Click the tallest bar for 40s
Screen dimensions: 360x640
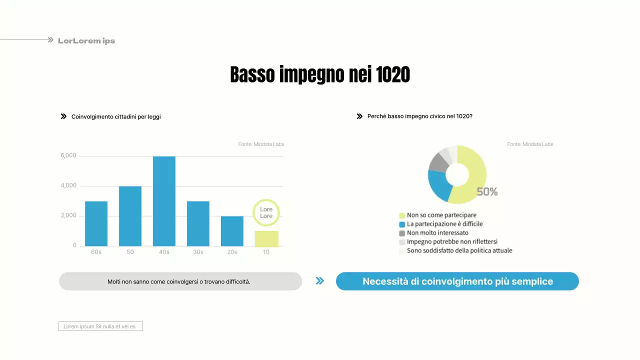pos(164,201)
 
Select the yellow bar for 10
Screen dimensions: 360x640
pos(266,238)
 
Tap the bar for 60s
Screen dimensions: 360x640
pos(96,223)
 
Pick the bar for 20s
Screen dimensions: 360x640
pos(232,231)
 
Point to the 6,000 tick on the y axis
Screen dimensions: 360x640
pos(68,155)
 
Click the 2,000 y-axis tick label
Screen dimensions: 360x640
pos(68,215)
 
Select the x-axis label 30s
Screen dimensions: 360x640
pos(198,252)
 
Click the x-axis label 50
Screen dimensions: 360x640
pos(130,252)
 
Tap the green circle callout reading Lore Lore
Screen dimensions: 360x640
pos(266,212)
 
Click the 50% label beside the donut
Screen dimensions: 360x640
pos(487,191)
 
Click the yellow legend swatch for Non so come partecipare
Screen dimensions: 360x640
pos(402,215)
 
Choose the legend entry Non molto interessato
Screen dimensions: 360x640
pos(437,233)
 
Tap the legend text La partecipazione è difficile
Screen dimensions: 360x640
pos(444,224)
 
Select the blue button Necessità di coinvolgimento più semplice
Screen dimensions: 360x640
pos(457,281)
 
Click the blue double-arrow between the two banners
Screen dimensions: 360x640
pos(320,281)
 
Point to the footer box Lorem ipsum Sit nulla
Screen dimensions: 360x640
pos(100,326)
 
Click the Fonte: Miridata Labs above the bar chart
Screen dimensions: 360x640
pos(261,144)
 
